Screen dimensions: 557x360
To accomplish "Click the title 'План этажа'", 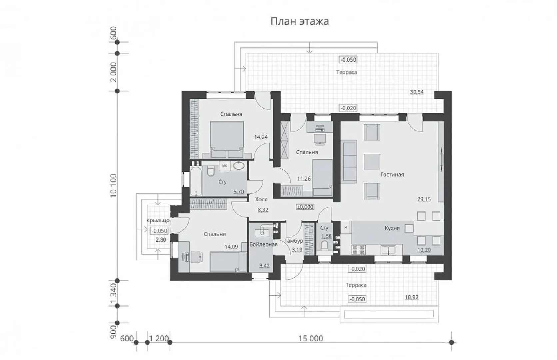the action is click(299, 21).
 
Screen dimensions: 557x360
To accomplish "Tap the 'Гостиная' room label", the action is click(392, 175).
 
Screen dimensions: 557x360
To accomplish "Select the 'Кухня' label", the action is click(392, 228).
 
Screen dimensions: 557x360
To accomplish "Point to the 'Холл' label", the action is click(261, 199).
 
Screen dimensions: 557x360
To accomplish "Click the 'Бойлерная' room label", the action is click(263, 244).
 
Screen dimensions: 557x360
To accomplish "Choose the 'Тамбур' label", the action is click(294, 241).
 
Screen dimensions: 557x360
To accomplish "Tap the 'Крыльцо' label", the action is click(158, 220).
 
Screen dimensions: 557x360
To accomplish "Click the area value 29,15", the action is click(424, 199).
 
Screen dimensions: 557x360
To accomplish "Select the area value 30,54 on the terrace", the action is click(417, 92).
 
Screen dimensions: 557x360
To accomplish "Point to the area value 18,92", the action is click(412, 297).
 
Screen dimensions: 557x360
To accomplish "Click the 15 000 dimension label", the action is click(311, 339).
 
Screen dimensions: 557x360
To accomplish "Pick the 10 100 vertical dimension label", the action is click(113, 186).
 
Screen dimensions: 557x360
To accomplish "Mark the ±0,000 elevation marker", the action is click(305, 207).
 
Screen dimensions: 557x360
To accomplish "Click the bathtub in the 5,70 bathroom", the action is click(196, 181).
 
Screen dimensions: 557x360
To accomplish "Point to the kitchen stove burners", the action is click(358, 250).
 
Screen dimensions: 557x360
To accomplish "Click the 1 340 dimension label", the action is click(113, 294).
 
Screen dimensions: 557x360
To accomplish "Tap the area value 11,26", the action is click(304, 179).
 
